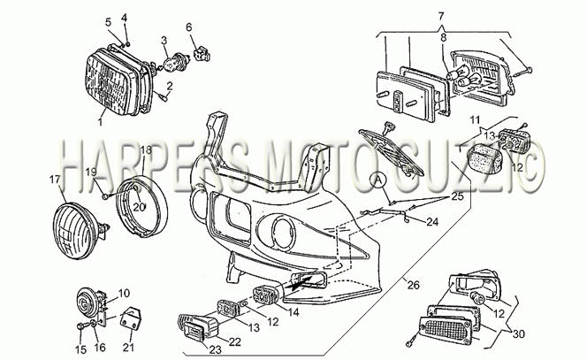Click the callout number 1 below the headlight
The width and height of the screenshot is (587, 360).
100,121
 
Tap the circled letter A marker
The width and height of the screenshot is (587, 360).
378,180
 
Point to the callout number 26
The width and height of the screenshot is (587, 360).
414,286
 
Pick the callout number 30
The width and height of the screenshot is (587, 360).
519,333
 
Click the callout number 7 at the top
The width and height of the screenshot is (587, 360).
441,17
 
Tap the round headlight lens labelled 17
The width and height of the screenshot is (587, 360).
77,231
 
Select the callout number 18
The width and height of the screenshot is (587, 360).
147,150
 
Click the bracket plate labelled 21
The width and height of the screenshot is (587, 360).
131,318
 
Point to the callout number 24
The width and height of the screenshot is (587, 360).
432,222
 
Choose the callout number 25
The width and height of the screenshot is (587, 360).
457,195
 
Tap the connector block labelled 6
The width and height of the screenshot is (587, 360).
202,54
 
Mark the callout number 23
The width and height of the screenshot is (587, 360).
215,350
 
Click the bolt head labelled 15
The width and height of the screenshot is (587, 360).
80,326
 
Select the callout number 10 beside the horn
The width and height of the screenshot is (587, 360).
124,293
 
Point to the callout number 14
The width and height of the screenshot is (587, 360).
293,312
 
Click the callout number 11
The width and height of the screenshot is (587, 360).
475,120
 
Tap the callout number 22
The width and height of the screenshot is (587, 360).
235,342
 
